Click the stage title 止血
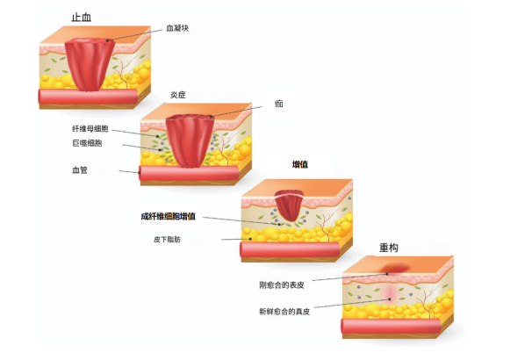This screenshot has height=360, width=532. pyautogui.click(x=82, y=17)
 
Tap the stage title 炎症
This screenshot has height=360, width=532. pyautogui.click(x=179, y=95)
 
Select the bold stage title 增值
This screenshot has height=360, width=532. pyautogui.click(x=301, y=164)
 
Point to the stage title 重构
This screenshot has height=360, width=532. pyautogui.click(x=389, y=248)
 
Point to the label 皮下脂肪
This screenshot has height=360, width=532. pyautogui.click(x=167, y=238)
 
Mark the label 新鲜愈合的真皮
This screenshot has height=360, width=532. pyautogui.click(x=284, y=311)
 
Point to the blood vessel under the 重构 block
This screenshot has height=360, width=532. pyautogui.click(x=395, y=328)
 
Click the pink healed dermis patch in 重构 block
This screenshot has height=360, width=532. pyautogui.click(x=388, y=293)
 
